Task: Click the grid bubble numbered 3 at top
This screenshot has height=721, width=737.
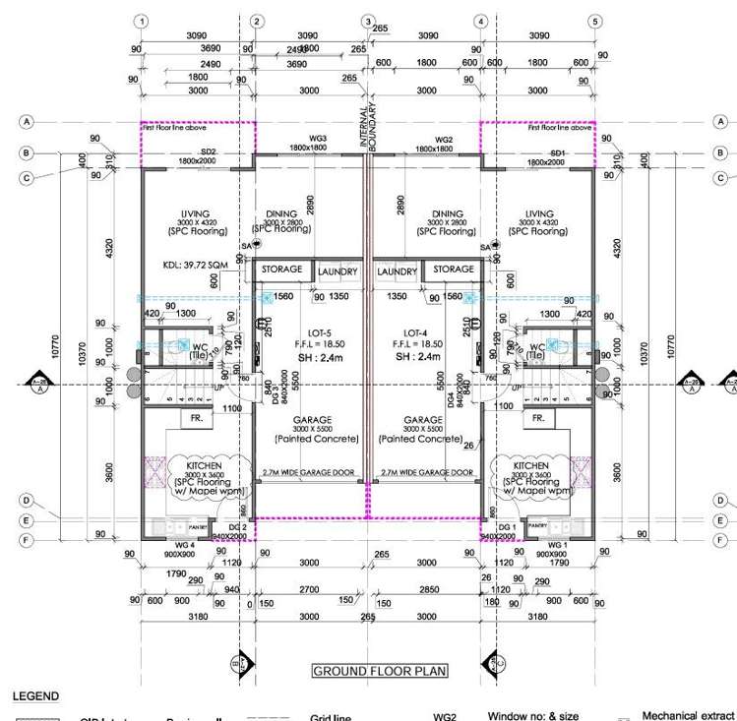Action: [x=368, y=21]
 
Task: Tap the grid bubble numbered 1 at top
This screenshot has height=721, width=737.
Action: [x=144, y=21]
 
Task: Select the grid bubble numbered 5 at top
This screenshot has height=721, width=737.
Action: [x=594, y=21]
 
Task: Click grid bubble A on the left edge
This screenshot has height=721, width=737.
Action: [x=28, y=121]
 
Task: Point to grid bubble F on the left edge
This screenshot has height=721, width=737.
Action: [x=28, y=540]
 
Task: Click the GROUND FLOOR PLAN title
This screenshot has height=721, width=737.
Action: [x=379, y=672]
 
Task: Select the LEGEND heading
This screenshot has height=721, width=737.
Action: [x=35, y=696]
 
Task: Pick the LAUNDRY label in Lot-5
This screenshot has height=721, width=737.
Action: [x=337, y=271]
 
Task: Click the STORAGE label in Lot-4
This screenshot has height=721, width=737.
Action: [x=454, y=270]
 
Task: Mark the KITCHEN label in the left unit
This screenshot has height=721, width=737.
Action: [x=196, y=463]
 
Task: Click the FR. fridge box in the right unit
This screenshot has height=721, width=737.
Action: [x=538, y=418]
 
